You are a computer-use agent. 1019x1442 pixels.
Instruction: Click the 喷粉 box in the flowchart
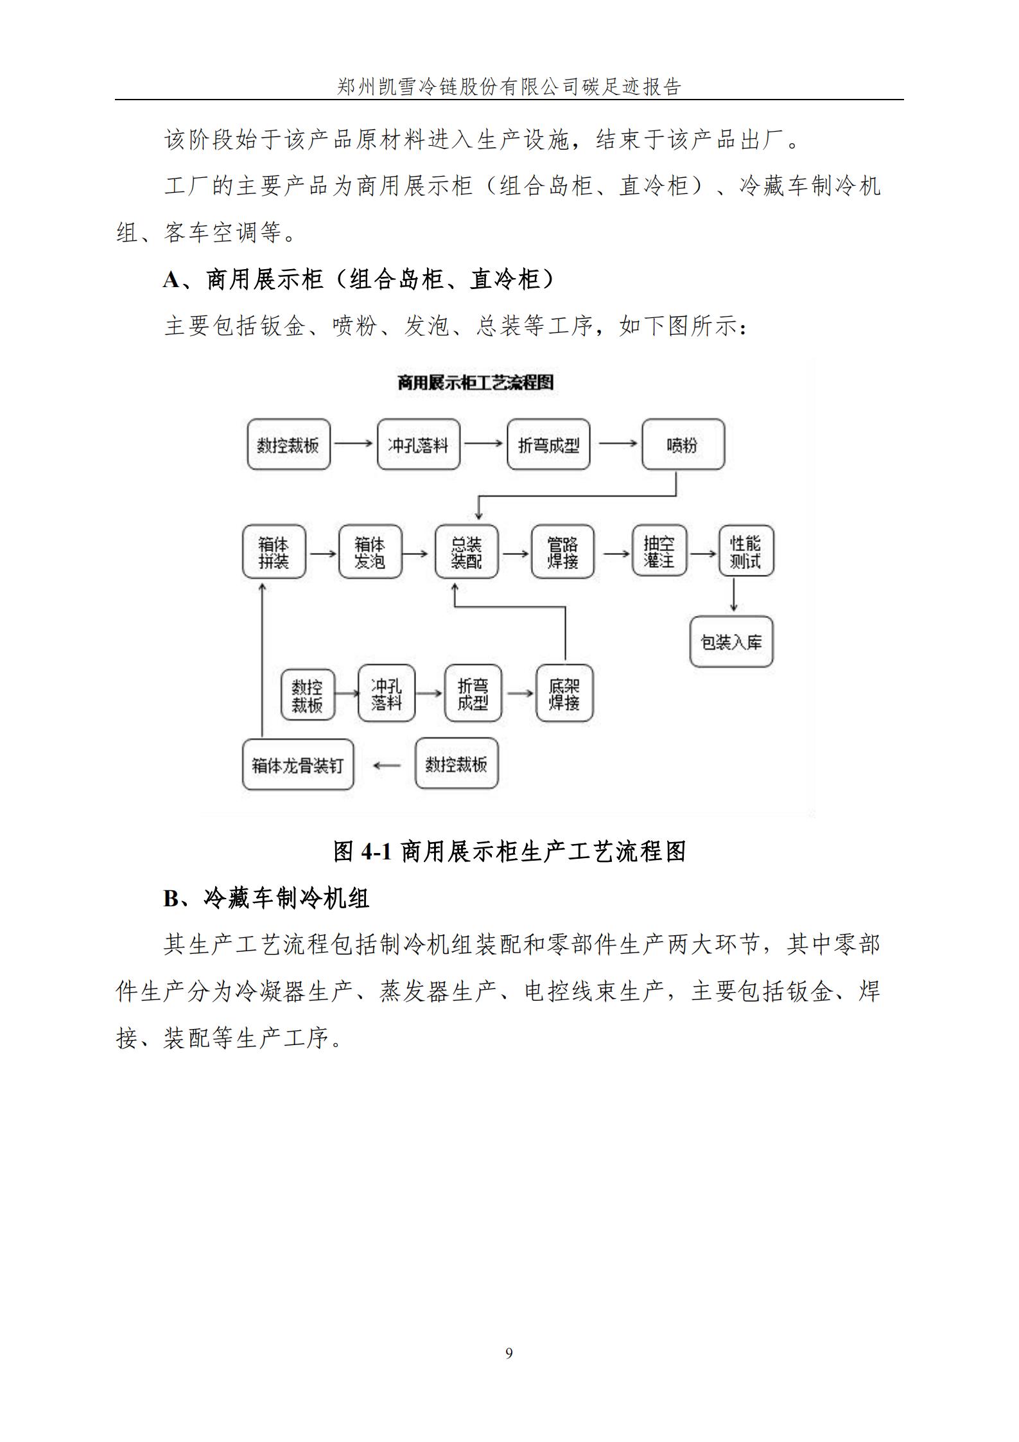[683, 444]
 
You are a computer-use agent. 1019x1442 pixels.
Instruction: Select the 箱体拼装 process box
[274, 552]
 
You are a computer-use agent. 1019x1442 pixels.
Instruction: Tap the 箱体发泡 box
[370, 552]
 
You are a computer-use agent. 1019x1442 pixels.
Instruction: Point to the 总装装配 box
[466, 552]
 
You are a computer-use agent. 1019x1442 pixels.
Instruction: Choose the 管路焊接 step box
[562, 552]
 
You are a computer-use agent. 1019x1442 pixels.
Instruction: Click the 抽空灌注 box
[659, 551]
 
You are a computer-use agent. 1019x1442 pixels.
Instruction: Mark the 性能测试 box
[745, 551]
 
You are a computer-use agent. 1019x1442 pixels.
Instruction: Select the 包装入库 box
[731, 642]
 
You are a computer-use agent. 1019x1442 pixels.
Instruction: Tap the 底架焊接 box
[564, 694]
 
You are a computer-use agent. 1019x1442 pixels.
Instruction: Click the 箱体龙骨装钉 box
[298, 764]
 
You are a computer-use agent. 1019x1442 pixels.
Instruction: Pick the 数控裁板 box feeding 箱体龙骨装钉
[457, 764]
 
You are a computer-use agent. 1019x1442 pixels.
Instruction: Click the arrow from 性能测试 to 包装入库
[733, 595]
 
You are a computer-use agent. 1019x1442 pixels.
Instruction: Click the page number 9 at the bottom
[509, 1353]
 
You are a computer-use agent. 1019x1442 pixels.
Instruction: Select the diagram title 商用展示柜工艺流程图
[475, 383]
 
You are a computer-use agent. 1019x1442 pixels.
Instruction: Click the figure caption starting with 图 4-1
[509, 852]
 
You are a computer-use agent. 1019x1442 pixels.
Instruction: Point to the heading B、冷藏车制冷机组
[266, 898]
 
